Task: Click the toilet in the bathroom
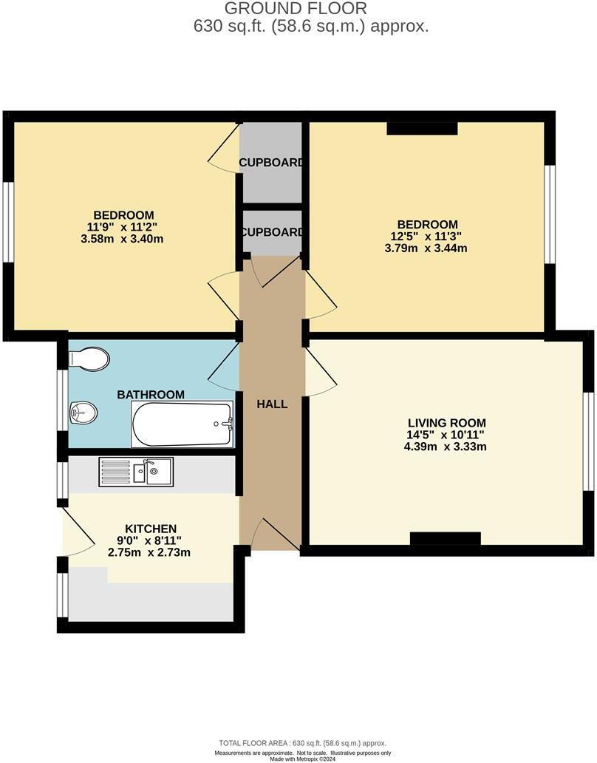(x=88, y=359)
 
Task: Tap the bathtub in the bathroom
(x=182, y=424)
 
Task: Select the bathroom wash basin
(x=83, y=413)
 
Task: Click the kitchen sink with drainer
(x=136, y=471)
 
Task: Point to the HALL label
(x=272, y=404)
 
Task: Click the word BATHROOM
(x=151, y=395)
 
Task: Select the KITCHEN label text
(x=151, y=529)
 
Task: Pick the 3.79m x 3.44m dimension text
(x=426, y=248)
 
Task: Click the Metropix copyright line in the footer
(x=302, y=759)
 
